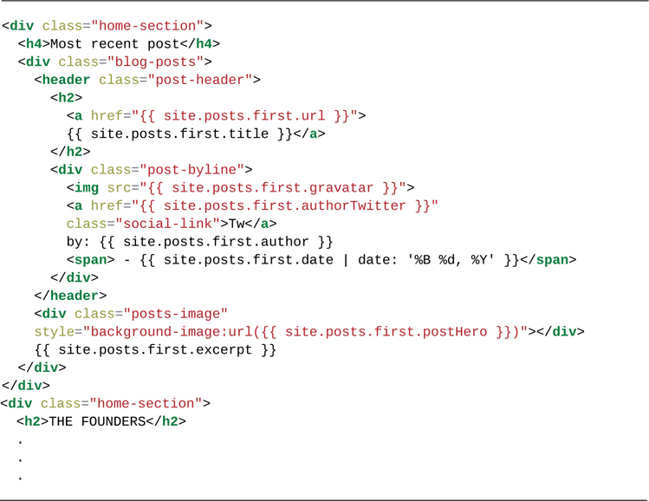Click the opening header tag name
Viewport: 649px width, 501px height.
[x=66, y=80]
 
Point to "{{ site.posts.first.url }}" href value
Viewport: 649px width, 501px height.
[x=249, y=115]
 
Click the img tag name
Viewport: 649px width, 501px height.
[x=87, y=187]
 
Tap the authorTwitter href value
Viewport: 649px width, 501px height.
[x=285, y=205]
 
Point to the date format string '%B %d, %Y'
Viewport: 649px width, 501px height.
[x=467, y=260]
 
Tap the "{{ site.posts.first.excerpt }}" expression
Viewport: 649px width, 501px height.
[x=156, y=350]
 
